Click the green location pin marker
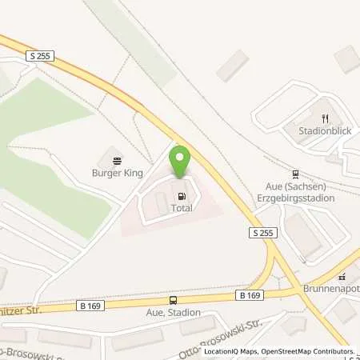181,163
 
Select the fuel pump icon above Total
182,194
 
